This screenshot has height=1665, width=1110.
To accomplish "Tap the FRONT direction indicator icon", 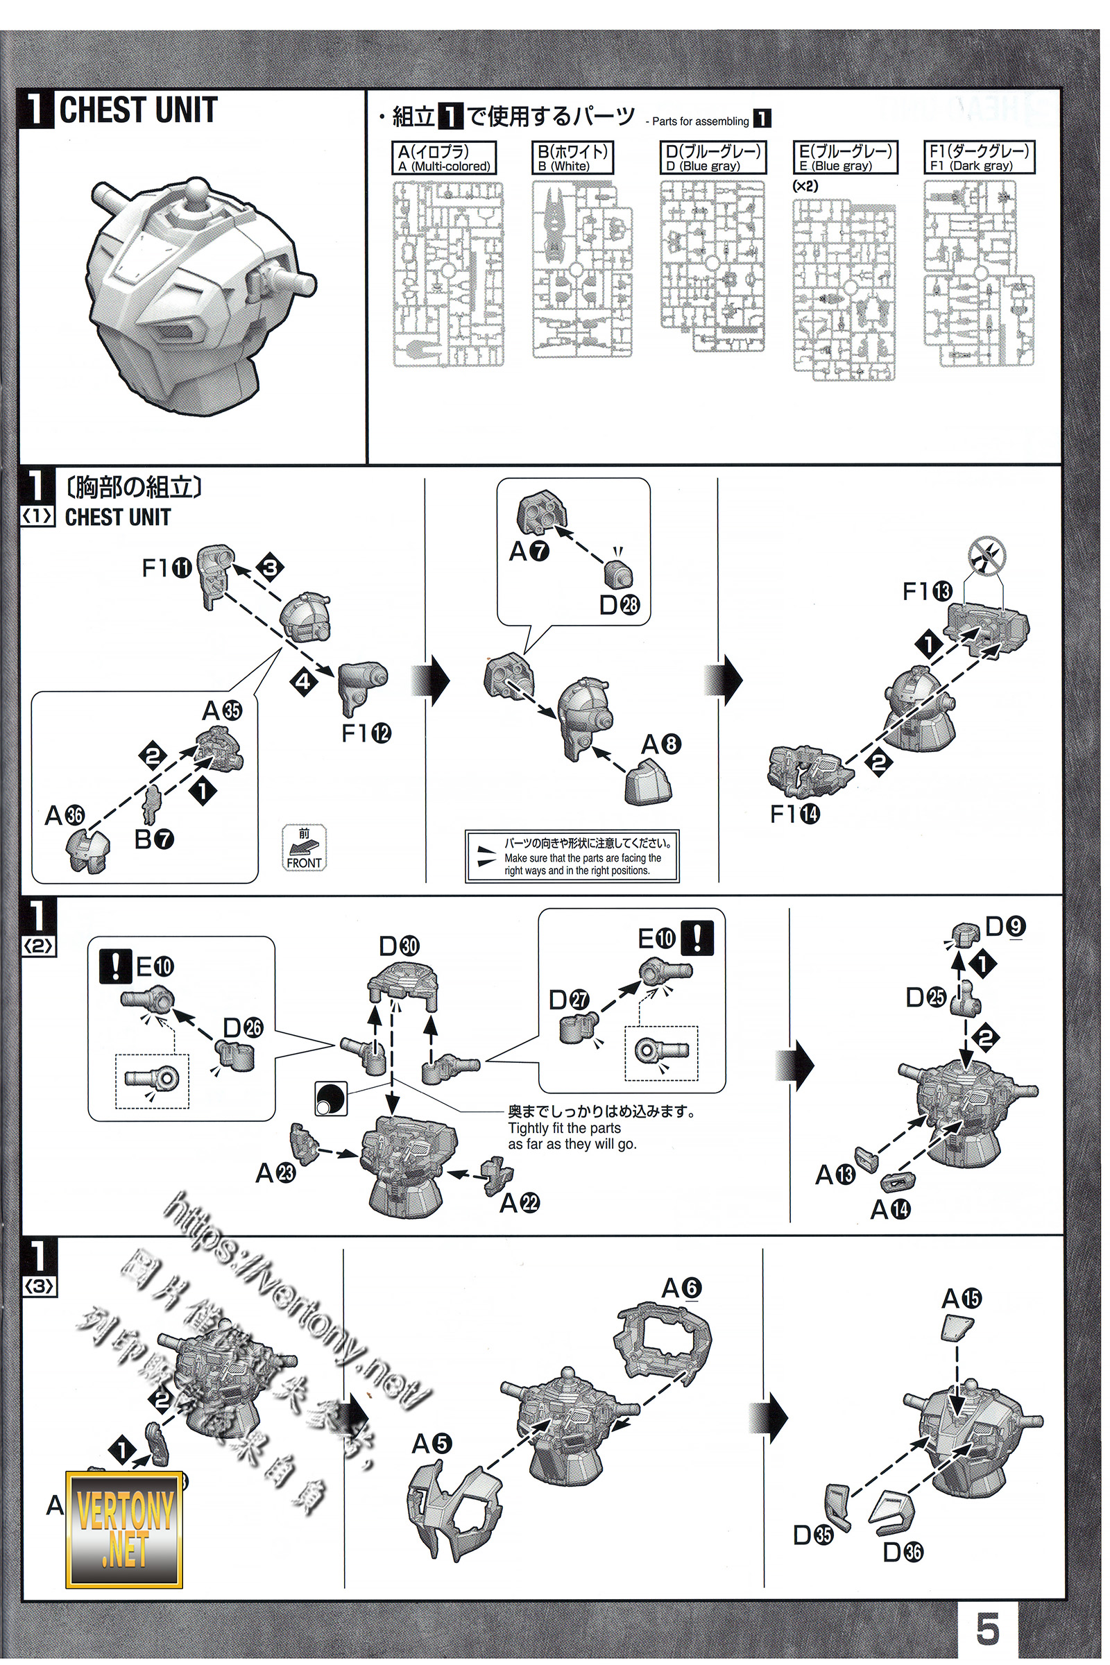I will (304, 847).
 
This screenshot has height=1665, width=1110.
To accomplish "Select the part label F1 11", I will (167, 567).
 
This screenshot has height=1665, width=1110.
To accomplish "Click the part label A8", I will (661, 744).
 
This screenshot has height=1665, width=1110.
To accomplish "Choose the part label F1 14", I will (794, 813).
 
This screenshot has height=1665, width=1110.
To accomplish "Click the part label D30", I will (400, 946).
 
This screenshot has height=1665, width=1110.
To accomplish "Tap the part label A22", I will (520, 1203).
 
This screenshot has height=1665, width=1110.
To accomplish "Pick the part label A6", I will (681, 1288).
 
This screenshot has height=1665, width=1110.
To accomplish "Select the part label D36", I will (903, 1552).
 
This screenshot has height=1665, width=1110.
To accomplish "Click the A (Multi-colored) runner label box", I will (444, 158).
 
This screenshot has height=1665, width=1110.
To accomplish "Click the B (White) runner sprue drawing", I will (582, 269).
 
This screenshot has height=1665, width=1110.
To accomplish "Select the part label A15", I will (961, 1298).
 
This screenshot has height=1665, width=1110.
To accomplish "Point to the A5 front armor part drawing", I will (454, 1510).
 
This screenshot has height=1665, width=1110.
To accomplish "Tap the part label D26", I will (243, 1027).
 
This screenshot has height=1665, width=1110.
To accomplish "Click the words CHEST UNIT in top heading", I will (138, 110).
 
